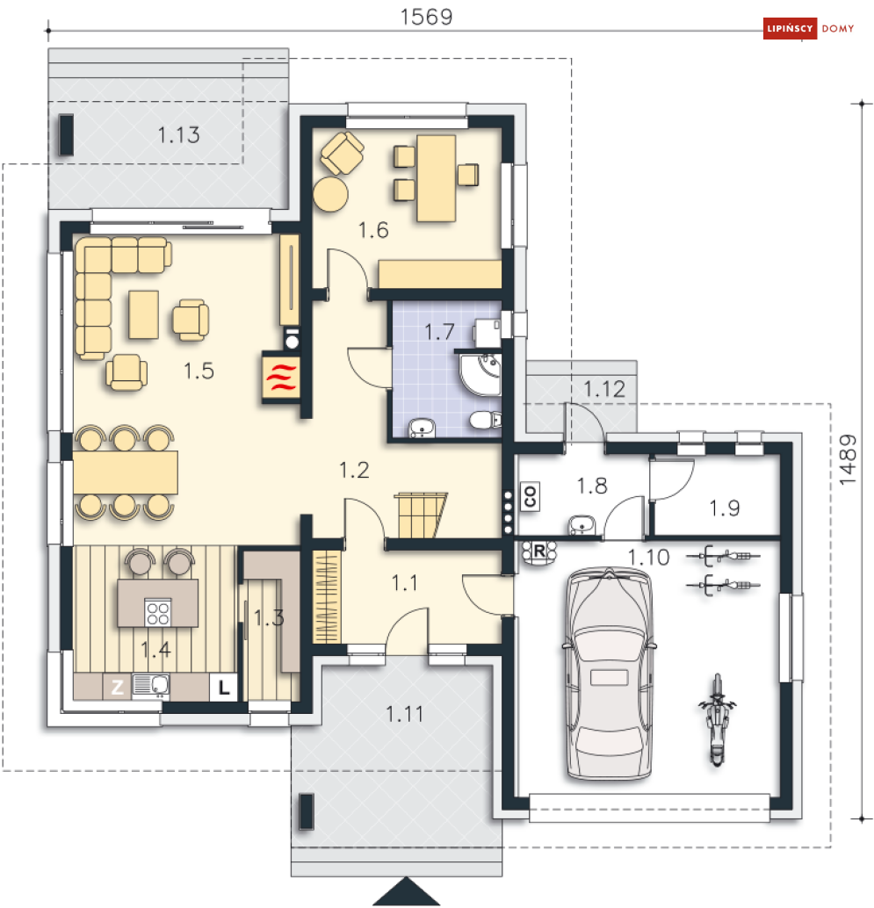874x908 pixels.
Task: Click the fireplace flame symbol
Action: tap(281, 377)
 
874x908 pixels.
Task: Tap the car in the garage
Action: tap(610, 674)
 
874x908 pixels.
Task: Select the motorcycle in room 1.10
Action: tap(717, 719)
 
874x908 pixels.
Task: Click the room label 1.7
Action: tap(439, 333)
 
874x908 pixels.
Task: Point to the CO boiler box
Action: tap(530, 496)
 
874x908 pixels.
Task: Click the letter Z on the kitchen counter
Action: tap(118, 687)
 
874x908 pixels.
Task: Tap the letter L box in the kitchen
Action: tap(224, 688)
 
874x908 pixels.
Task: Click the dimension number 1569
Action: tap(426, 17)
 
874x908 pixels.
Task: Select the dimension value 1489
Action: tap(848, 460)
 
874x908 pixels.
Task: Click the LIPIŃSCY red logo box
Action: tap(790, 28)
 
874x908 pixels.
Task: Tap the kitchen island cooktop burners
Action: tap(157, 613)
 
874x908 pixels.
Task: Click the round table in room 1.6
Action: tap(331, 194)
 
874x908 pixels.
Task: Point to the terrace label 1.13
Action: tap(179, 135)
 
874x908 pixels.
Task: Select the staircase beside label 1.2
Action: tap(422, 515)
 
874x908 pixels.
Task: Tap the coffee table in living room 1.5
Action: tap(144, 314)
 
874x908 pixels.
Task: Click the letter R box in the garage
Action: tap(539, 551)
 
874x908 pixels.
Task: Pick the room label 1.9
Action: tap(725, 508)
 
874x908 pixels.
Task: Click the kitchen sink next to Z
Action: tap(151, 685)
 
